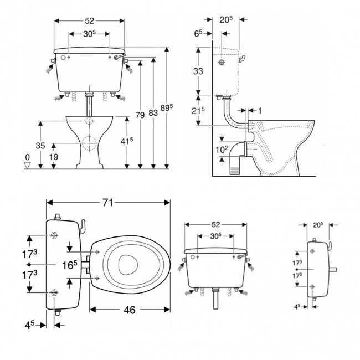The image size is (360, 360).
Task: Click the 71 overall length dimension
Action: click(x=107, y=203)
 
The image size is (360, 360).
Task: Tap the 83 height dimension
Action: click(x=153, y=113)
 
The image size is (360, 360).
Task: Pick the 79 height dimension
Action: click(x=140, y=115)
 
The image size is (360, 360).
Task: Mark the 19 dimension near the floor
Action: click(x=54, y=157)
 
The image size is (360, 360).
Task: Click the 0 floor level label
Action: click(x=28, y=157)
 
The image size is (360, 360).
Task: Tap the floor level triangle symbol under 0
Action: click(x=28, y=164)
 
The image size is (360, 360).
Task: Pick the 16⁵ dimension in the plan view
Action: click(x=69, y=265)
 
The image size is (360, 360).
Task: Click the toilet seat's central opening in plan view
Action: click(x=127, y=265)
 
